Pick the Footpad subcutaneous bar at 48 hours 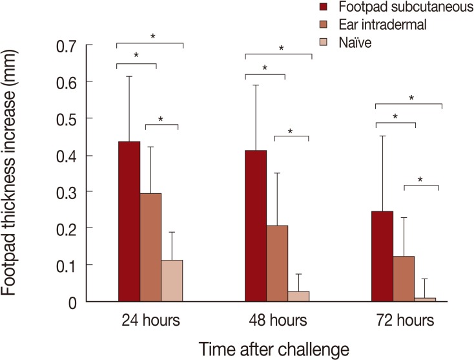(x=256, y=226)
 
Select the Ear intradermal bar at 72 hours (x=404, y=279)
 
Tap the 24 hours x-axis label (x=150, y=321)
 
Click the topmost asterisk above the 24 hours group (x=152, y=37)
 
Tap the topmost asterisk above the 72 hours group (x=411, y=98)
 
